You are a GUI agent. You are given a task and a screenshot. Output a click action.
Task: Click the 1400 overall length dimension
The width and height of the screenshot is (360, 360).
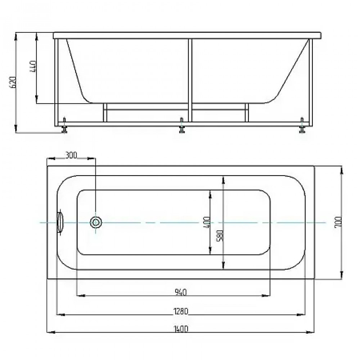pyautogui.click(x=181, y=329)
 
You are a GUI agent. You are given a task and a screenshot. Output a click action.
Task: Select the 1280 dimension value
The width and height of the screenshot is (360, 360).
pyautogui.click(x=181, y=311)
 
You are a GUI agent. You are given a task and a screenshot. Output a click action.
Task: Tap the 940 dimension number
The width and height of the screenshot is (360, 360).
pyautogui.click(x=181, y=292)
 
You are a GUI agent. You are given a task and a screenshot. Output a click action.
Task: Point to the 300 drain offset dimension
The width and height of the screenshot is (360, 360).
pyautogui.click(x=71, y=155)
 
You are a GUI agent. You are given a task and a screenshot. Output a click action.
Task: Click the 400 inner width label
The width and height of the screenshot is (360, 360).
pyautogui.click(x=207, y=222)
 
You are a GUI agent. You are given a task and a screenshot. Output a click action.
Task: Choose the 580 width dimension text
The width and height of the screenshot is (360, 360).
pyautogui.click(x=220, y=236)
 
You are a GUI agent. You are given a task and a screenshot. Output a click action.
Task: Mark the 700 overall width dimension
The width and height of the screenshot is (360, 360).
pyautogui.click(x=338, y=221)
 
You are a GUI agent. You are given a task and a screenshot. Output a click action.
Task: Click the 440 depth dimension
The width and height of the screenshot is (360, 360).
pyautogui.click(x=33, y=66)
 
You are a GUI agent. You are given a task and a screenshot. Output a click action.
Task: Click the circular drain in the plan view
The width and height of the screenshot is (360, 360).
pyautogui.click(x=96, y=222)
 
